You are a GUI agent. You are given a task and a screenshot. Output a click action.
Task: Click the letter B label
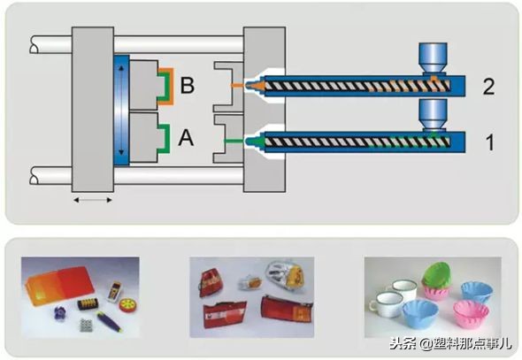pyautogui.click(x=187, y=85)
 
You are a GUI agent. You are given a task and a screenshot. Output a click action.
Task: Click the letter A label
pyautogui.click(x=186, y=137)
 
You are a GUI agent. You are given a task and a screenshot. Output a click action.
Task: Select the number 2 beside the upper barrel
pyautogui.click(x=488, y=87)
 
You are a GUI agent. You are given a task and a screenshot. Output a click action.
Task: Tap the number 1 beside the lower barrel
pyautogui.click(x=490, y=142)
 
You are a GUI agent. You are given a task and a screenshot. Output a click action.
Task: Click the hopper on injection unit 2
pyautogui.click(x=433, y=57)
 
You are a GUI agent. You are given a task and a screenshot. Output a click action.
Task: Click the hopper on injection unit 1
pyautogui.click(x=433, y=114)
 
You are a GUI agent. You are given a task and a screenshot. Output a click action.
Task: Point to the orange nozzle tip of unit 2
pyautogui.click(x=256, y=86)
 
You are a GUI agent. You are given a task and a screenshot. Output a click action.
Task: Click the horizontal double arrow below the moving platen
pyautogui.click(x=93, y=200)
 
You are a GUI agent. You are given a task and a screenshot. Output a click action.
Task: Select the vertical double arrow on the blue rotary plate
pyautogui.click(x=121, y=111)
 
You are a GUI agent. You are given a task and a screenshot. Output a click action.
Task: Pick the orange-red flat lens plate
pyautogui.click(x=59, y=285)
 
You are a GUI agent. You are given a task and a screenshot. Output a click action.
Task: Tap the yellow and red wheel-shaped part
pyautogui.click(x=127, y=305)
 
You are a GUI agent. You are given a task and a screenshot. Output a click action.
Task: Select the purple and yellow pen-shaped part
pyautogui.click(x=109, y=321)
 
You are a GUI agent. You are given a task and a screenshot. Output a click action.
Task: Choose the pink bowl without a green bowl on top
pyautogui.click(x=471, y=314)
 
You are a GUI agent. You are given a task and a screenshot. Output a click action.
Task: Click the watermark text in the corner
pyautogui.click(x=450, y=343)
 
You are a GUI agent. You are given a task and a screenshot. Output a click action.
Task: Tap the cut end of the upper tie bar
pyautogui.click(x=34, y=44)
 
